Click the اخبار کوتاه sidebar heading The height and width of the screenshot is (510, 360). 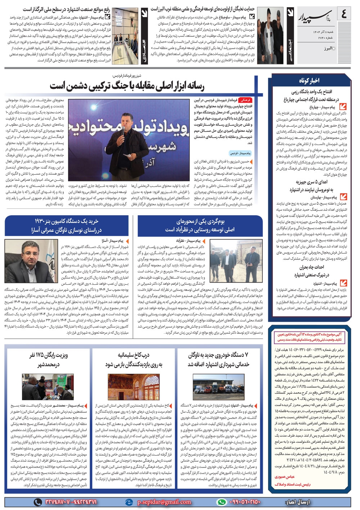click(309, 80)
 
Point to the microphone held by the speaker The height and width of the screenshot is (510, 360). click(123, 130)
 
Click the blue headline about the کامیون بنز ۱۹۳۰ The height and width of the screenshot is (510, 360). click(66, 226)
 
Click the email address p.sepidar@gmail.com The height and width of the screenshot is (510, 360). click(164, 502)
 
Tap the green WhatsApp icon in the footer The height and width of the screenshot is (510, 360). click(221, 502)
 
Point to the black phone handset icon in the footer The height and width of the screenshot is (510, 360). click(37, 502)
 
